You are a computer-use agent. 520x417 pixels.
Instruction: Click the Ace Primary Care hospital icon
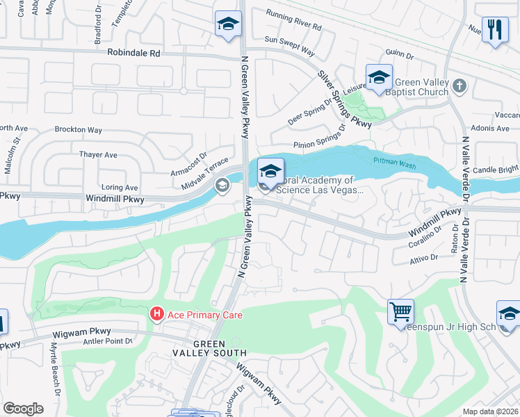pyautogui.click(x=157, y=315)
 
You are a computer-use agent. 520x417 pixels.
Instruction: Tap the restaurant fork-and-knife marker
pyautogui.click(x=495, y=30)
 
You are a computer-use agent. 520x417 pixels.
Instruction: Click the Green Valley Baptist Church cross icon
pyautogui.click(x=458, y=85)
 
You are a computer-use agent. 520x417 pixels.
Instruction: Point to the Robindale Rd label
pyautogui.click(x=133, y=52)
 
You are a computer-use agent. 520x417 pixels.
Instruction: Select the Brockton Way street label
pyautogui.click(x=79, y=130)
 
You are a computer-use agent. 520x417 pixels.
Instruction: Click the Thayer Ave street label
pyautogui.click(x=99, y=155)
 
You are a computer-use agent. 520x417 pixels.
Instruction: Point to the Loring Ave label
pyautogui.click(x=120, y=187)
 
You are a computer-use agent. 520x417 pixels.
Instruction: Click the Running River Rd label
pyautogui.click(x=294, y=20)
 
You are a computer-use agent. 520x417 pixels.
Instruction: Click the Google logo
pyautogui.click(x=23, y=408)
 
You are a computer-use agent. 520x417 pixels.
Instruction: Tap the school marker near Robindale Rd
pyautogui.click(x=227, y=26)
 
